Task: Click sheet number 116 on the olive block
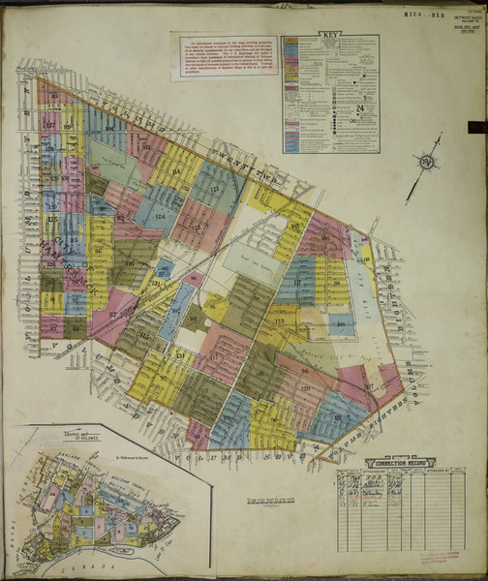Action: click(x=129, y=263)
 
